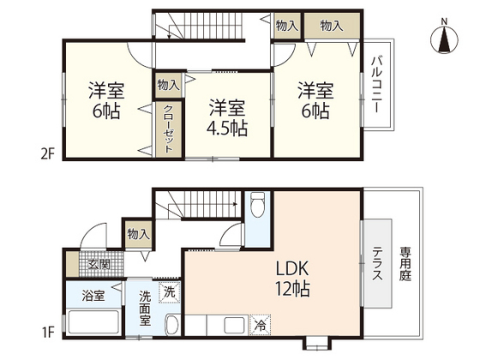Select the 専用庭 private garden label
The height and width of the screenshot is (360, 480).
coord(404,266)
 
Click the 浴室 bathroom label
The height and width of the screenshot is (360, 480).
coord(93,296)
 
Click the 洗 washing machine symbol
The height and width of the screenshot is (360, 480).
coord(170,291)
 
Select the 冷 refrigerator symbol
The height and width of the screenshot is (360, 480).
coord(259,325)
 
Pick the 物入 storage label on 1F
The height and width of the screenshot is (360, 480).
coord(138,233)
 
